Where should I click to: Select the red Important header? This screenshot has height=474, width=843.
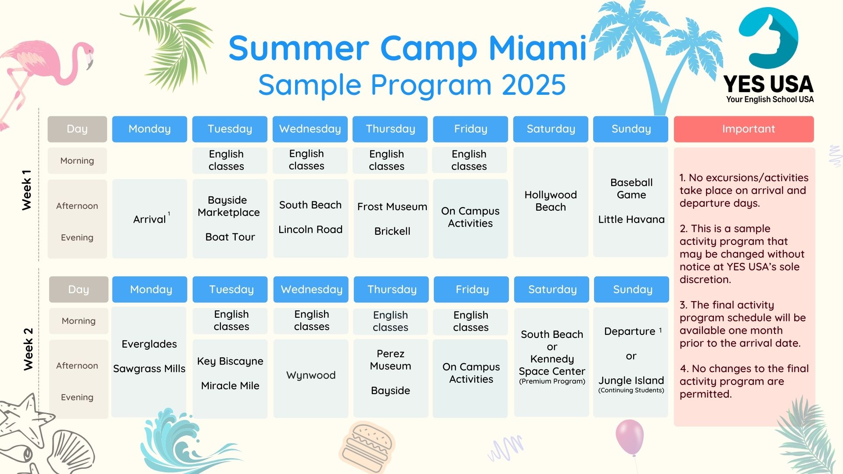744,129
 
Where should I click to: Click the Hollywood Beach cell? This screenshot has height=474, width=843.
551,202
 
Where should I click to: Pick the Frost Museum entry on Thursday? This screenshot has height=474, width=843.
392,207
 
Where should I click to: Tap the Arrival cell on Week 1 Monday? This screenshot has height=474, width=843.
150,219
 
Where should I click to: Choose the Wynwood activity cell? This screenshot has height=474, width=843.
311,378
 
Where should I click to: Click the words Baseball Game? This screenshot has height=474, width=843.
631,189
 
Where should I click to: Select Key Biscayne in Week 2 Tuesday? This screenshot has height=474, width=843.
230,361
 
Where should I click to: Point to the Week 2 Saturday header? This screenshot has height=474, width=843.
552,289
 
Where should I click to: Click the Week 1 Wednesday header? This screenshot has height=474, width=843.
310,129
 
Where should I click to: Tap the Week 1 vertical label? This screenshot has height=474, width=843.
27,190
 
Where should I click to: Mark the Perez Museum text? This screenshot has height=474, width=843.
390,360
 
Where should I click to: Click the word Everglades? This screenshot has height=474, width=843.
149,344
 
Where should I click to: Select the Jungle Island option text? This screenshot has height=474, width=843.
631,381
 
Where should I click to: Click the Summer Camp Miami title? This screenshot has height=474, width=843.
407,48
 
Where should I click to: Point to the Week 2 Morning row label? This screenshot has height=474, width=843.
79,321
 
